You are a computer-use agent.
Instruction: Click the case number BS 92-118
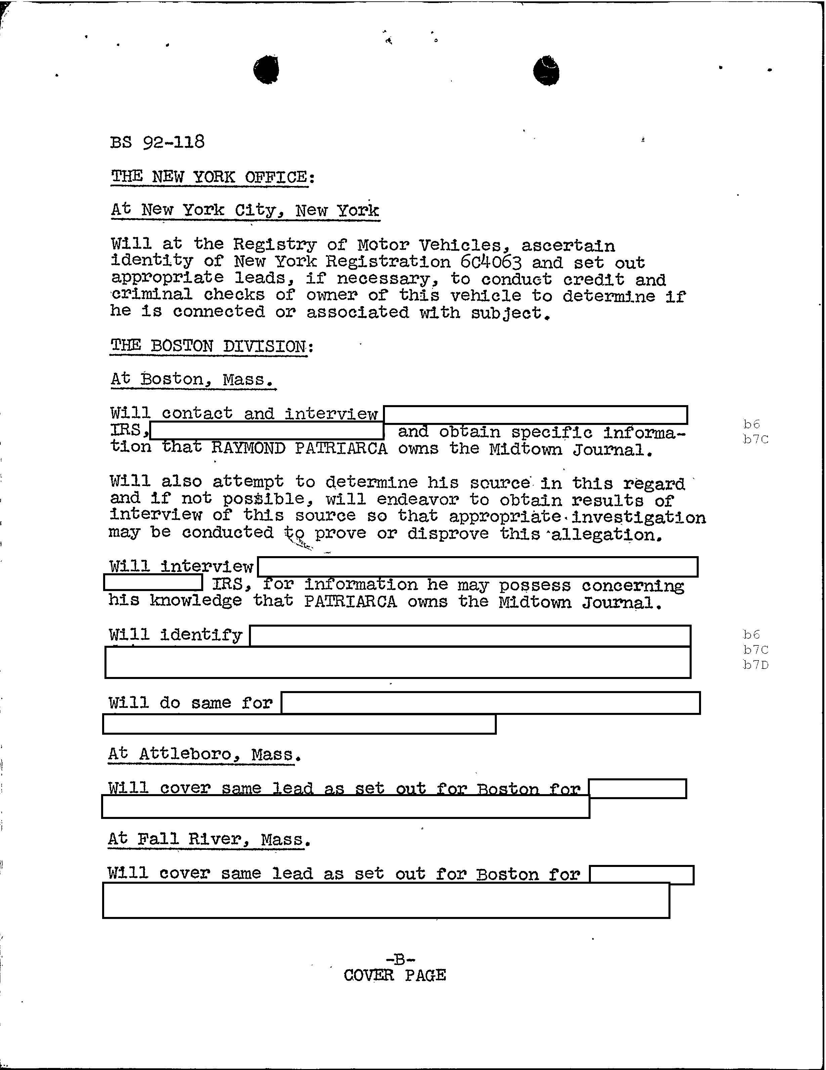pos(157,142)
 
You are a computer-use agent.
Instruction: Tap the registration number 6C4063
pos(490,262)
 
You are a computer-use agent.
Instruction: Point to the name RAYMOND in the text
pos(248,448)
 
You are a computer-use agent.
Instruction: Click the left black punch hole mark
pos(266,69)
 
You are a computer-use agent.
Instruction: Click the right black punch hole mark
pos(546,71)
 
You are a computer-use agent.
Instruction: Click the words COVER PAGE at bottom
pos(395,975)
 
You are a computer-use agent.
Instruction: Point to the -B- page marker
pos(400,959)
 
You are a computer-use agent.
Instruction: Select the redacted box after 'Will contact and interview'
pos(535,415)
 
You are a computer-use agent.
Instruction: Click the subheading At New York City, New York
pos(245,210)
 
